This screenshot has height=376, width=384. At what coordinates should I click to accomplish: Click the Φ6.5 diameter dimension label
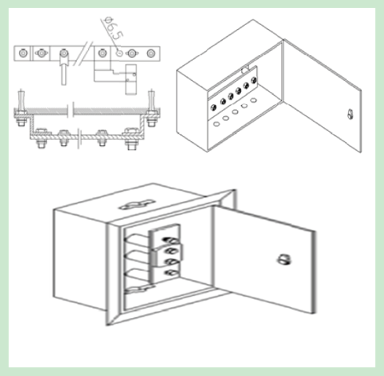point(113,28)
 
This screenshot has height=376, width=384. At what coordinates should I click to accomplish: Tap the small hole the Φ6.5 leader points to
point(119,53)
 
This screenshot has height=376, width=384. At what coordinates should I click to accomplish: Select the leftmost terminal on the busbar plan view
point(23,53)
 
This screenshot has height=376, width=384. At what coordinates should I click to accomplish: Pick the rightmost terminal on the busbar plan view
point(151,53)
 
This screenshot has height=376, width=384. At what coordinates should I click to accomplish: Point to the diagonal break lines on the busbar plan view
point(83,53)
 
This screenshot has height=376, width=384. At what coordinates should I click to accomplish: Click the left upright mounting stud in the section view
point(21,108)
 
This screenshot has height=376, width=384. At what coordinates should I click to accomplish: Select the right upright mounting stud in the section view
point(152,108)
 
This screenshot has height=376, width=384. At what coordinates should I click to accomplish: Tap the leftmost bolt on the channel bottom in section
point(41,138)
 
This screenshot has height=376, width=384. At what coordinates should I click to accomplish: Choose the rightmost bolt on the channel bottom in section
point(131,139)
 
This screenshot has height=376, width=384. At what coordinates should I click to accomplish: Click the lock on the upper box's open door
point(350,114)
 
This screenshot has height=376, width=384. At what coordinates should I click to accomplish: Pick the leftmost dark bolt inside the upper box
point(214,107)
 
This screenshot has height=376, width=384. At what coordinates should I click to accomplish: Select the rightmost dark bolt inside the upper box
point(254,80)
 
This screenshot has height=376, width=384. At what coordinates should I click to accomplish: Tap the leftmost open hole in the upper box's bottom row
point(216,124)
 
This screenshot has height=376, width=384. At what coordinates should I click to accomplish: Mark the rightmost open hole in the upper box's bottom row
point(254,100)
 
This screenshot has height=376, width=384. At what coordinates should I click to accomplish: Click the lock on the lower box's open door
point(283,260)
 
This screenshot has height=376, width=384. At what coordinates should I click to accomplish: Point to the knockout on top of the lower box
point(137,205)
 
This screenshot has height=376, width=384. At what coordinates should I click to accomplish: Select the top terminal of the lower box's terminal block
point(170,239)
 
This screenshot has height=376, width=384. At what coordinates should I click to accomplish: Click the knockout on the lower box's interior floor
point(139,290)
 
